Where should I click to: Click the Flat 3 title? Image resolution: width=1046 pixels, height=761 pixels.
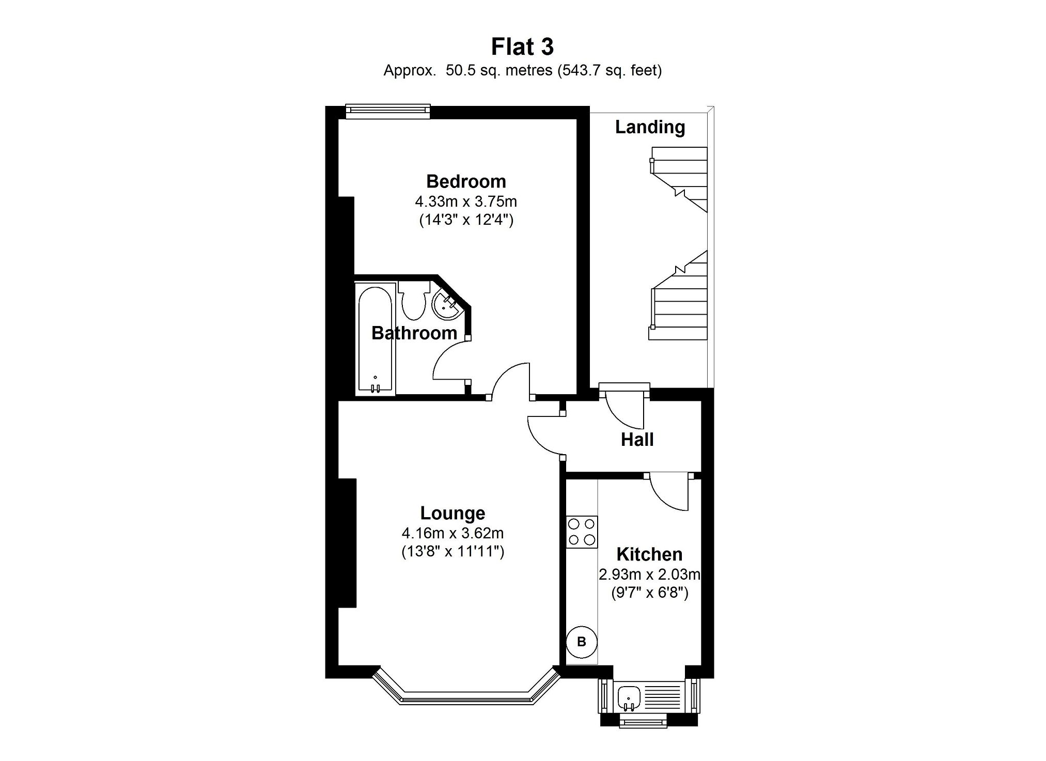pyautogui.click(x=522, y=46)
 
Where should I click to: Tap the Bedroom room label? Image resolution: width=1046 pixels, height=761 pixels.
pyautogui.click(x=466, y=181)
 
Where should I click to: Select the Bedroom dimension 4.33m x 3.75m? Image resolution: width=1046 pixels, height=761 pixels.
pyautogui.click(x=466, y=201)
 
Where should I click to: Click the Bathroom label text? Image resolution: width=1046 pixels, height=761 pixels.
pyautogui.click(x=414, y=333)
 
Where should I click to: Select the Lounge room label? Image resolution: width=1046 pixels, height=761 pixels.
pyautogui.click(x=452, y=513)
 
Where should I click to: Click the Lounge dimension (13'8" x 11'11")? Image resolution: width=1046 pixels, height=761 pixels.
pyautogui.click(x=452, y=552)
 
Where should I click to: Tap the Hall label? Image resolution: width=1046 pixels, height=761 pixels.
pyautogui.click(x=637, y=440)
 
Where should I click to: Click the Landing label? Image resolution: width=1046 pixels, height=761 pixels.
pyautogui.click(x=650, y=127)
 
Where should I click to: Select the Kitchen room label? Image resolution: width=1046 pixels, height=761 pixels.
pyautogui.click(x=649, y=554)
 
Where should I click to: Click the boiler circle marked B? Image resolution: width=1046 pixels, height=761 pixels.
pyautogui.click(x=582, y=642)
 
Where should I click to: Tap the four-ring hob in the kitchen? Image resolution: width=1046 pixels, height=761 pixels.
pyautogui.click(x=582, y=532)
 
